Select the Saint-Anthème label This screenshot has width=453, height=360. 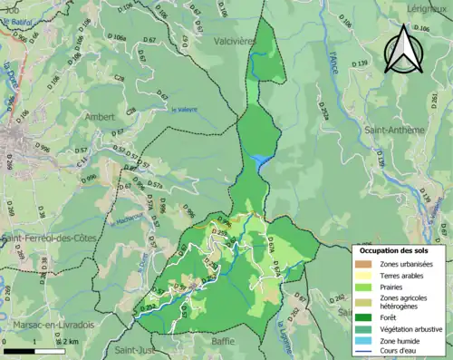(x=389, y=130)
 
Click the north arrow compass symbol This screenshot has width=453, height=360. (x=403, y=48)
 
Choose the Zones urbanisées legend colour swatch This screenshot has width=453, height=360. (x=366, y=263)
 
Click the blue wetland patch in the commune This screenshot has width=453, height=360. (x=261, y=162)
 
